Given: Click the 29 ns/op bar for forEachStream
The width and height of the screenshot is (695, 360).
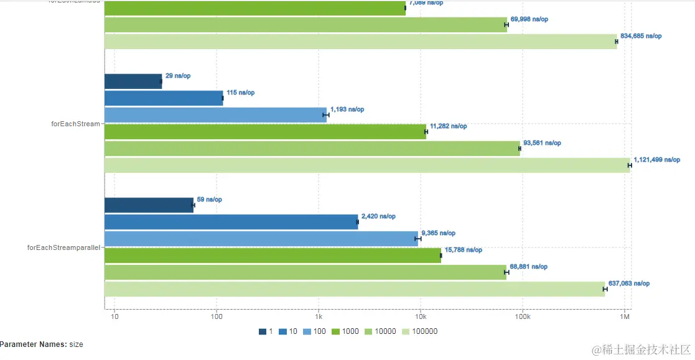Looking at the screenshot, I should pos(133,81).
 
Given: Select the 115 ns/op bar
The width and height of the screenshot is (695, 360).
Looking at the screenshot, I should pos(164,98).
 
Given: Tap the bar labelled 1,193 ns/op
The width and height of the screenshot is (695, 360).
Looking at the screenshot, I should pos(215,114).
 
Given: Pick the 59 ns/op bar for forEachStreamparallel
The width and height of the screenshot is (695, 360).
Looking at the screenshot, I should pos(149,205).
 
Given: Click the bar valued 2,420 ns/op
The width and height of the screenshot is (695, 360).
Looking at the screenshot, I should pos(231,222).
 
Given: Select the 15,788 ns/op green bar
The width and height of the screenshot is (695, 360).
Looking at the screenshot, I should pos(273,256).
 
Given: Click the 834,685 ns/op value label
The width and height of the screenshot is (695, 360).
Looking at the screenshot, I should pos(641,36).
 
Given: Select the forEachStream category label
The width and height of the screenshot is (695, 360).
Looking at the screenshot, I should pos(75,124).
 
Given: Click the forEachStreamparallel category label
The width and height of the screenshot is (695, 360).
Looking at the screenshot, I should pos(64,247).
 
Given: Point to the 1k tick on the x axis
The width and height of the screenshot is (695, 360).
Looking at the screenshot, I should pos(318,317).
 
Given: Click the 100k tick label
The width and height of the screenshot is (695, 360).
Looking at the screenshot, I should pos(522,317).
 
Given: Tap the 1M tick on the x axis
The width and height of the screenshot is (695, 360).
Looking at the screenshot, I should pos(624,317).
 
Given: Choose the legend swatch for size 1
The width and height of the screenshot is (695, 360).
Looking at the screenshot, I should pos(263,331).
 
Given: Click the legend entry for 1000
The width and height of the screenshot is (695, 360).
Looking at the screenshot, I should pos(345,331).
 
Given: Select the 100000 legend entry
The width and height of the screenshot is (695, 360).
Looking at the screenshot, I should pos(421,331).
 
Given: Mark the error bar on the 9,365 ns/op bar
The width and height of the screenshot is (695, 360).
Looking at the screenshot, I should pos(418,239).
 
